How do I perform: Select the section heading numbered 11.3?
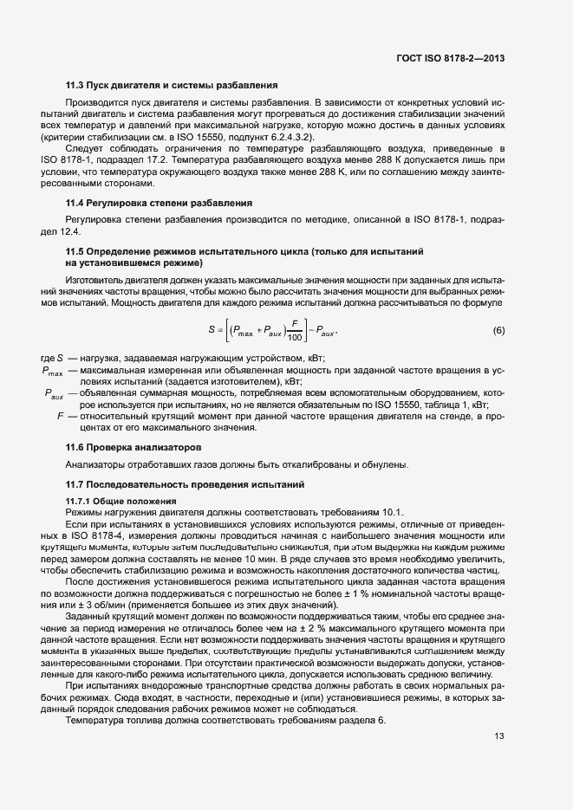(172, 86)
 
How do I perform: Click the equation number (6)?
(498, 331)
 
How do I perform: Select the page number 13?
(499, 737)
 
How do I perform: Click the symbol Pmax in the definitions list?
(52, 372)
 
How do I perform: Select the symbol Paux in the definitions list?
(54, 394)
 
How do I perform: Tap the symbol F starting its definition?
(60, 416)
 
